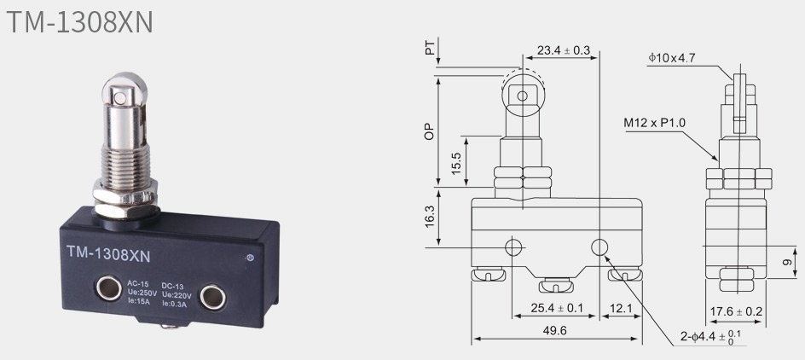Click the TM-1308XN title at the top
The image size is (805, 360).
click(x=81, y=22)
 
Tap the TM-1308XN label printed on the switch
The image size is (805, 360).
click(x=108, y=254)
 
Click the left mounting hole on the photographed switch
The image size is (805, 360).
click(x=109, y=287)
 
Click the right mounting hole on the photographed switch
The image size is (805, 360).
click(x=212, y=298)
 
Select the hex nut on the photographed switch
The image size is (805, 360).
click(x=125, y=198)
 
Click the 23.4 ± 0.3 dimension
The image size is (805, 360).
click(x=564, y=50)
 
